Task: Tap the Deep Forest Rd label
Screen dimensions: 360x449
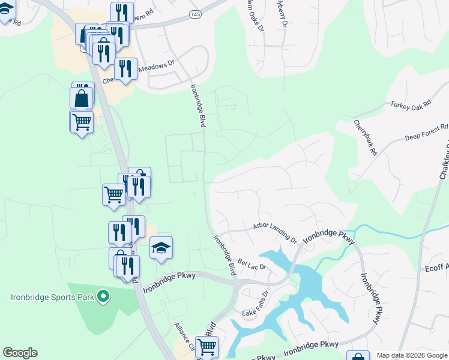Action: point(426,132)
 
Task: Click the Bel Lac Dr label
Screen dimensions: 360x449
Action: point(252,263)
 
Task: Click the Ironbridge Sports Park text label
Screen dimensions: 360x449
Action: point(50,296)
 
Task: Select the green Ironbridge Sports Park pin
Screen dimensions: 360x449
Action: point(103,296)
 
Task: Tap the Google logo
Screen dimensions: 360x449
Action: point(20,353)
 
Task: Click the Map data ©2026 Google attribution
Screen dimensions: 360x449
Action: point(412,355)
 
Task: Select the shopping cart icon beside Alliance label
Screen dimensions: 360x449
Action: point(206,346)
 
